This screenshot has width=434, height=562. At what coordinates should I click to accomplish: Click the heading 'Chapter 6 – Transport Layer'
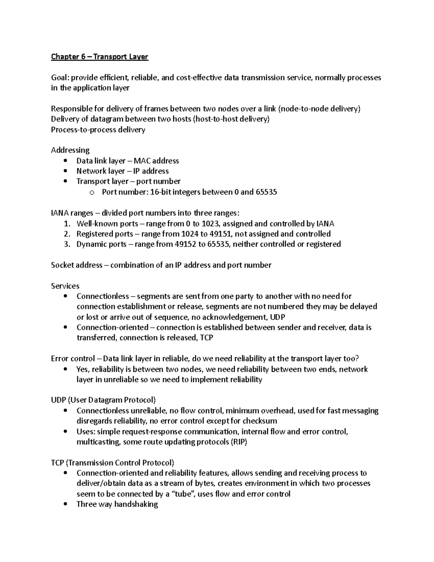[x=99, y=57]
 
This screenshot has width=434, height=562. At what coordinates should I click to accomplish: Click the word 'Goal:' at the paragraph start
[x=60, y=78]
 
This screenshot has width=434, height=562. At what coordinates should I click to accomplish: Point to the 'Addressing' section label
[x=70, y=150]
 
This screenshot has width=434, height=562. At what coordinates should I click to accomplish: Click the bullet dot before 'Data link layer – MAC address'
[x=65, y=161]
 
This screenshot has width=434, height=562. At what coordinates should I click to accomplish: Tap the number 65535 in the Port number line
[x=266, y=192]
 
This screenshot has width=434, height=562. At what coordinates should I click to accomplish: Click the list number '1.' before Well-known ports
[x=67, y=224]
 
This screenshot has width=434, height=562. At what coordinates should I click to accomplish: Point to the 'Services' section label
[x=65, y=286]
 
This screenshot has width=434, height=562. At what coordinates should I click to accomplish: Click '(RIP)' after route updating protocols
[x=239, y=442]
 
